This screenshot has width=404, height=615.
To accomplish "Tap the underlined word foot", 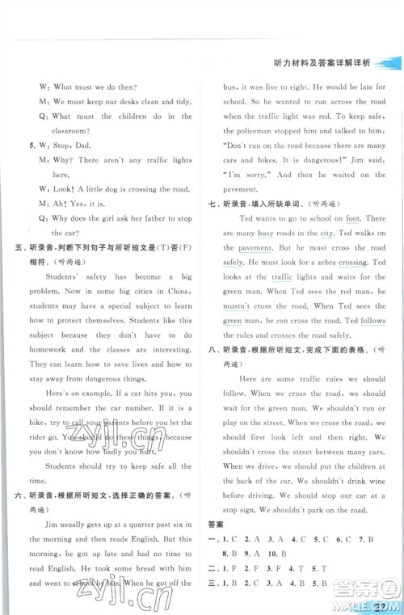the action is point(351,218).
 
